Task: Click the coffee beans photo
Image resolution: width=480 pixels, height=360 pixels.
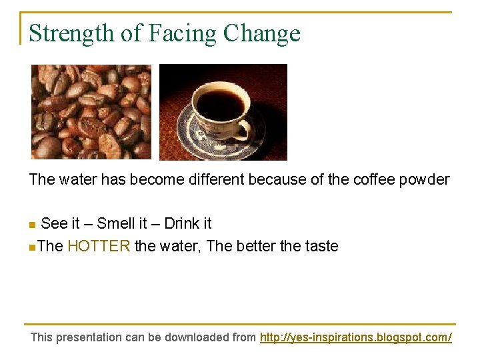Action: tap(91, 111)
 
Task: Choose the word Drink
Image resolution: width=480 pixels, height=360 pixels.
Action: tap(181, 223)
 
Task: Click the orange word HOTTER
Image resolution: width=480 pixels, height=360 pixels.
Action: tap(99, 247)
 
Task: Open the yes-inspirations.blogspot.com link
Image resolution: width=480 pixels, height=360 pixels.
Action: tap(355, 337)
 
